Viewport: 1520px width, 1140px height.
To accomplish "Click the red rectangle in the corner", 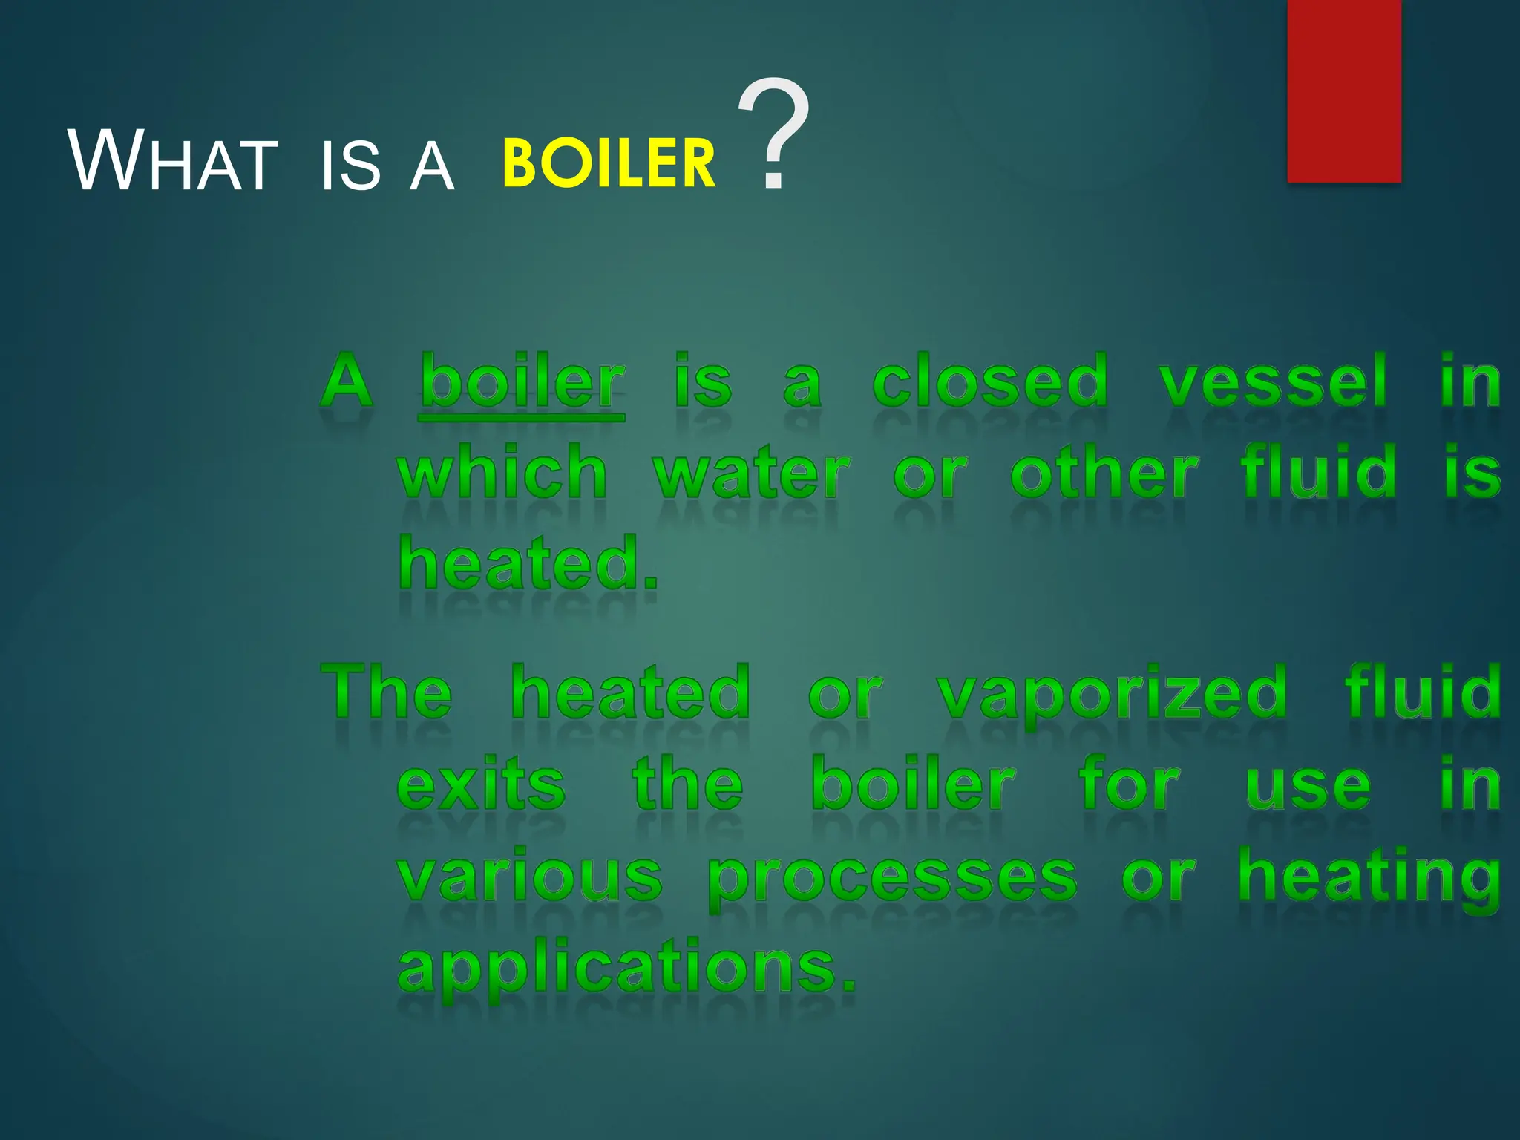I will click(x=1343, y=91).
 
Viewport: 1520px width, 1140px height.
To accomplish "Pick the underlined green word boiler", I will click(x=522, y=381).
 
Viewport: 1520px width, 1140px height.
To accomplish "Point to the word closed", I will click(x=990, y=381).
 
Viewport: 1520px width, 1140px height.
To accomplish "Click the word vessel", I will click(x=1272, y=381).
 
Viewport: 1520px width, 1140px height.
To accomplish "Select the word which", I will click(x=502, y=472).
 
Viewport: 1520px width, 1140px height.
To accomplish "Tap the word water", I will click(x=750, y=474).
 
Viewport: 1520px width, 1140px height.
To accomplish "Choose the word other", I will click(x=1104, y=472).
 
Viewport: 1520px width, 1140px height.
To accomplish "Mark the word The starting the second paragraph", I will click(x=386, y=692).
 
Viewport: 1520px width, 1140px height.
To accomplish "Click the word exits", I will click(x=481, y=784).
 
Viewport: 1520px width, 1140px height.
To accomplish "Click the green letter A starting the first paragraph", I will click(x=347, y=381).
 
